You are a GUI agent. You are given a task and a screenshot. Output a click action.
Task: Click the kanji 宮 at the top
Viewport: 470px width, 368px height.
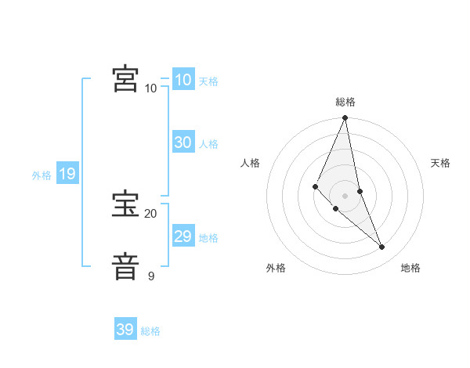coord(125,78)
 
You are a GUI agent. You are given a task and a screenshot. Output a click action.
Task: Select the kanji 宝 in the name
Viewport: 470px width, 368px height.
coord(125,204)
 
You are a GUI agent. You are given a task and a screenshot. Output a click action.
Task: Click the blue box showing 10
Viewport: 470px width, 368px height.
coord(183,80)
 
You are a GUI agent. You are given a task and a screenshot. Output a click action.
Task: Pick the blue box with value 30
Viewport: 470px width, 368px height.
coord(183,143)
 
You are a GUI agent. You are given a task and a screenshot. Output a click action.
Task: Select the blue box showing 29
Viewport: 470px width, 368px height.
coord(183,236)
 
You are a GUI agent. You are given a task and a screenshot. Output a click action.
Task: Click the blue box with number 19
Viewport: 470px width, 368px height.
coord(67,174)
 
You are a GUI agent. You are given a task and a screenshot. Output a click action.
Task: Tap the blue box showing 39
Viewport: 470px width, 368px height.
coord(125,330)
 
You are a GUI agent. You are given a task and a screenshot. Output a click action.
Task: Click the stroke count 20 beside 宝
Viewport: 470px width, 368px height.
coord(150,214)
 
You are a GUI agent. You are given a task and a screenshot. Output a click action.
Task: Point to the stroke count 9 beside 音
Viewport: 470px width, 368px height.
coord(151,276)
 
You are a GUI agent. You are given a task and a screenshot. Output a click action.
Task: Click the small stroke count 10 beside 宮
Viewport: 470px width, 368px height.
coord(150,88)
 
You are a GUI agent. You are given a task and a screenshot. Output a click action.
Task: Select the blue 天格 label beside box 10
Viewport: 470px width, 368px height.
coord(208,81)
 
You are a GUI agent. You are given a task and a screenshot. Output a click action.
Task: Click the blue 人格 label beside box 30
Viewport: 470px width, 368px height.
coord(208,144)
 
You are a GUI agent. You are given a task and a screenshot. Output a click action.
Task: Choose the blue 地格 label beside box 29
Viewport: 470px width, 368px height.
coord(208,238)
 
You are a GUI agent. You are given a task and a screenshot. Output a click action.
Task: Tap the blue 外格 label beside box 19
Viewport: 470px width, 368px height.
coord(42,175)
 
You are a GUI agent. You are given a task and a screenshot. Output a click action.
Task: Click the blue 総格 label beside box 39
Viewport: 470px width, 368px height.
coord(150,331)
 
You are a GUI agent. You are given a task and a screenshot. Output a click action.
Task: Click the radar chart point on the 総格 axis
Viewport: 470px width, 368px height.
coord(345,118)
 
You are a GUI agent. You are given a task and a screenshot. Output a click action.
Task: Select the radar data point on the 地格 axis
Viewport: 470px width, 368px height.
coord(382,247)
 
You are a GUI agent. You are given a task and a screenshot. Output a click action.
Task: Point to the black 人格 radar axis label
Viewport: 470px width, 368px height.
coord(251,163)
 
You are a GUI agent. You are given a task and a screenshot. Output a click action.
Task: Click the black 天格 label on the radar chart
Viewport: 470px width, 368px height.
coord(441,163)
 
